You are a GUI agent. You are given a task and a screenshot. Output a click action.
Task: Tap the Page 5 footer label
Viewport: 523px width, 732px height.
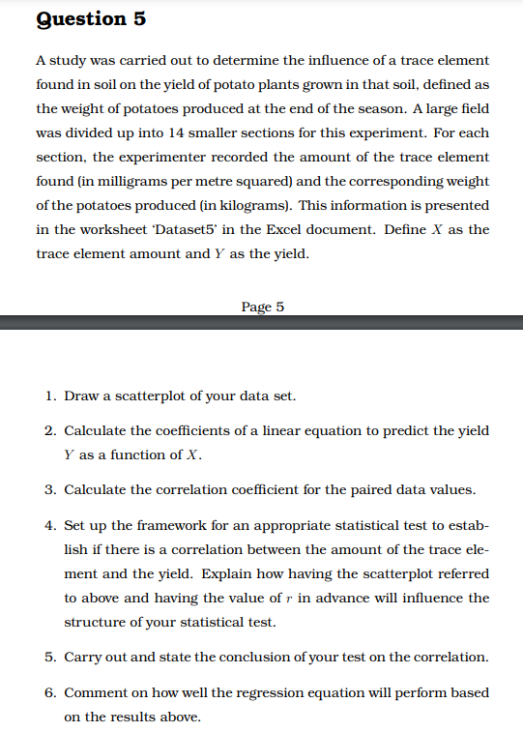263,307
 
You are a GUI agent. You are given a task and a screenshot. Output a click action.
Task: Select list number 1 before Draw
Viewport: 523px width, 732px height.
49,396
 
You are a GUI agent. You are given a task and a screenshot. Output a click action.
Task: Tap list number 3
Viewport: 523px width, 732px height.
49,489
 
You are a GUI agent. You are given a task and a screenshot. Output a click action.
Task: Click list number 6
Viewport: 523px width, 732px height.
49,692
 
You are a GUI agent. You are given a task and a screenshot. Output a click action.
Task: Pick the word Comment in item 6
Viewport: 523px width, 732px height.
96,692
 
